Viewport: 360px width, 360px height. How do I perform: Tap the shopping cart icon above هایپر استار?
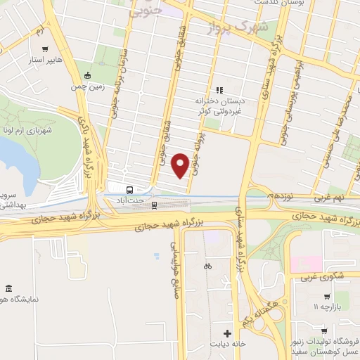46,49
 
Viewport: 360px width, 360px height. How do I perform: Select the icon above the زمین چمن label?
86,76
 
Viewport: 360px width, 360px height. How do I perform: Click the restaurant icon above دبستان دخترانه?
219,90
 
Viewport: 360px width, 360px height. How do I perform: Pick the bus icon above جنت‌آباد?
129,190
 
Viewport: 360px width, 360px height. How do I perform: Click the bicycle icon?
207,266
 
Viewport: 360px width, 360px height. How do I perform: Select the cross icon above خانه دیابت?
227,333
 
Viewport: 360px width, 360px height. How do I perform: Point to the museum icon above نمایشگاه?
8,288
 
